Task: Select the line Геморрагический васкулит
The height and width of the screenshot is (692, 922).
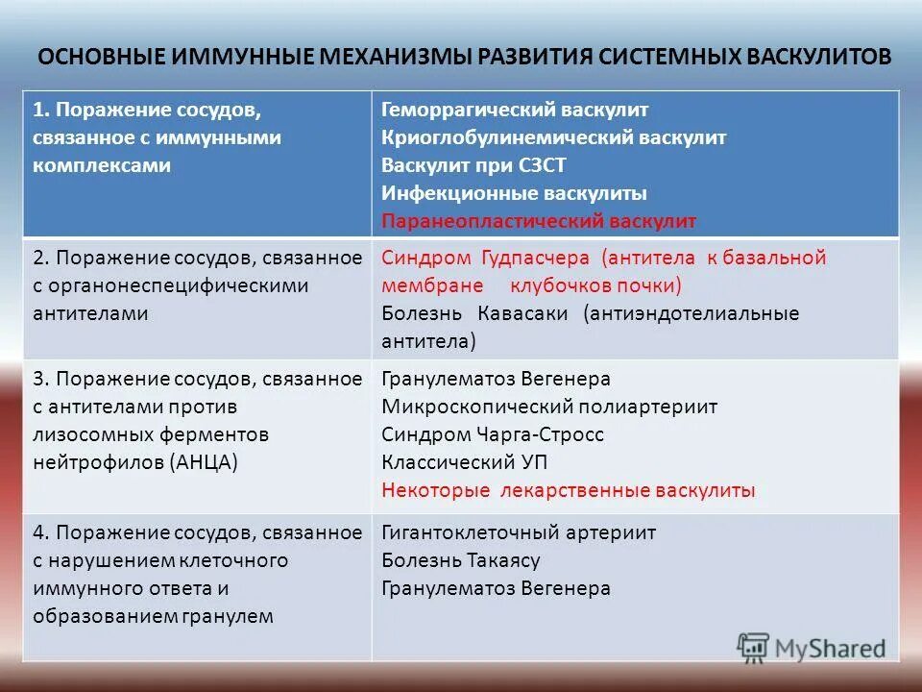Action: pyautogui.click(x=515, y=110)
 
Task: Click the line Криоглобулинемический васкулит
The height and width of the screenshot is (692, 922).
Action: pyautogui.click(x=553, y=137)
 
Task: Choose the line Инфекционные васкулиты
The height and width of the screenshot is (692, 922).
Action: pyautogui.click(x=514, y=193)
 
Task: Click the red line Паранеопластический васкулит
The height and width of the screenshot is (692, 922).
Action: pyautogui.click(x=539, y=221)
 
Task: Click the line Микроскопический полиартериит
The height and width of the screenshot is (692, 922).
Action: pyautogui.click(x=549, y=407)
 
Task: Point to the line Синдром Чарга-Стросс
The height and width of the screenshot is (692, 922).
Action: pyautogui.click(x=493, y=434)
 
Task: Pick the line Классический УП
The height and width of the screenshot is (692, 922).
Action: pyautogui.click(x=465, y=462)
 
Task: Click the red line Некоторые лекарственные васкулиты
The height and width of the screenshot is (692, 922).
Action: pyautogui.click(x=568, y=490)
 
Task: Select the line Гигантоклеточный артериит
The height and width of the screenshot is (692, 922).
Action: pyautogui.click(x=519, y=532)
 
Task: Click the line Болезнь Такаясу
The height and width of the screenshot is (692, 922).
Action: pyautogui.click(x=461, y=560)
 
